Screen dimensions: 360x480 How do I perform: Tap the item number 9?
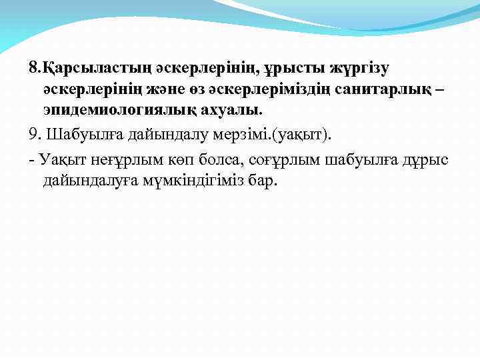35,136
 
